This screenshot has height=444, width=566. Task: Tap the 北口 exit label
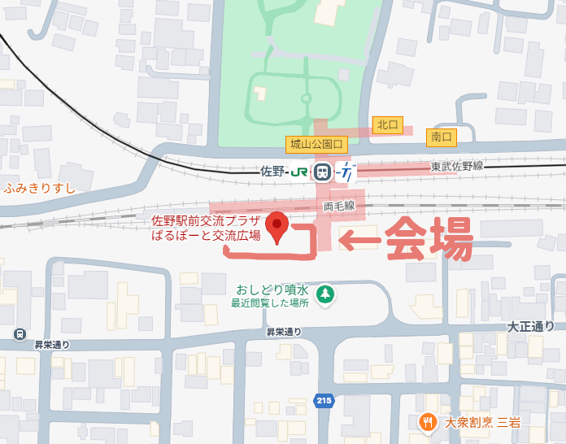[x=386, y=124]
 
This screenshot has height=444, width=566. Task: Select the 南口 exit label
[x=442, y=137]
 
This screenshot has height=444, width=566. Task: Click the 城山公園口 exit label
[x=316, y=145]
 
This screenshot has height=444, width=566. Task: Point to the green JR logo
[x=298, y=172]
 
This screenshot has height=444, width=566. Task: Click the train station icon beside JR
[x=322, y=172]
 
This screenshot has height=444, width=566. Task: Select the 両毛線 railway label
[x=339, y=207]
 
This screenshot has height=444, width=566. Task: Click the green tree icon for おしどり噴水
[x=324, y=294]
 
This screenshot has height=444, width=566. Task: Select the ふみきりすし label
[x=39, y=188]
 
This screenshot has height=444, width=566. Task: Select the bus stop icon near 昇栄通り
[x=19, y=333]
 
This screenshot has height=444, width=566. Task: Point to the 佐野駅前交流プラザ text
[x=207, y=221]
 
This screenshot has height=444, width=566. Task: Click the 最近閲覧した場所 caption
[x=269, y=303]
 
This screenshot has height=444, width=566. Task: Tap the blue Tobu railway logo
[x=346, y=172]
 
